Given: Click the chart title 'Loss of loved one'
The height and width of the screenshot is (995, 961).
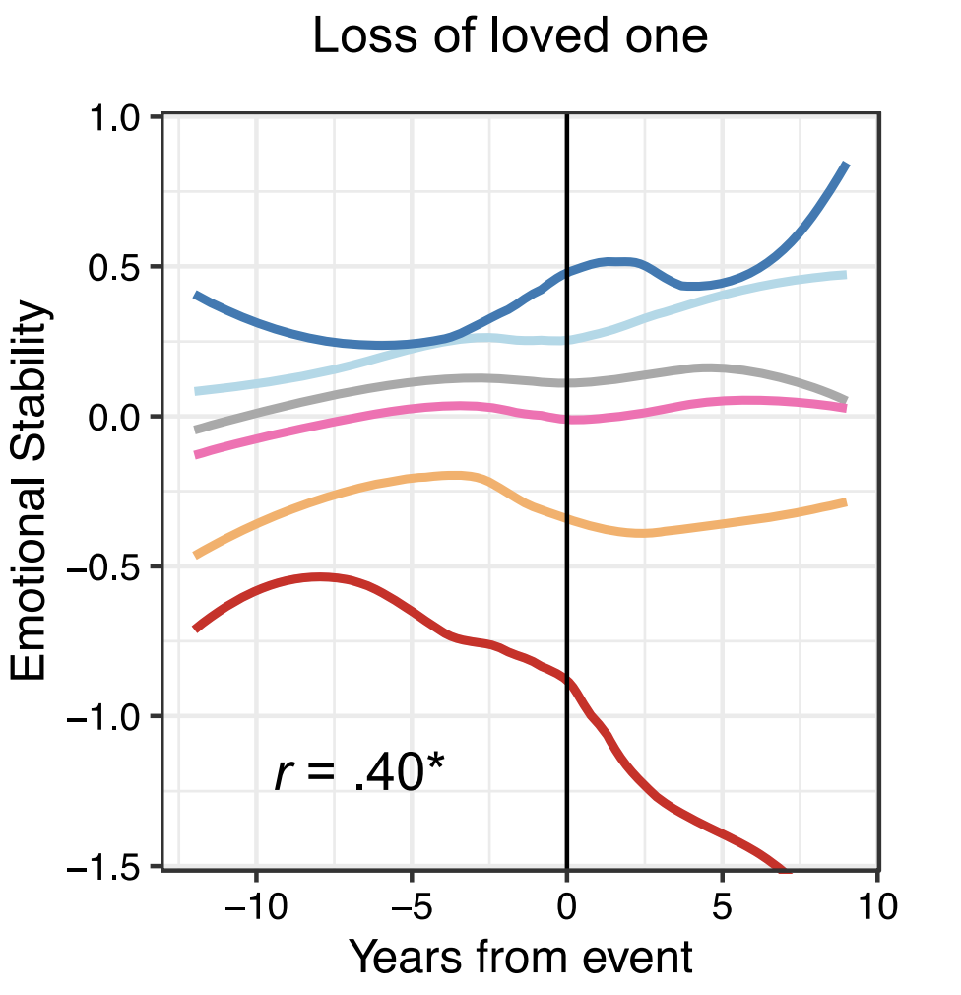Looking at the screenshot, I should tap(509, 37).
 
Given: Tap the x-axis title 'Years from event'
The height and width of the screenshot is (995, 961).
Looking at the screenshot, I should tap(521, 957).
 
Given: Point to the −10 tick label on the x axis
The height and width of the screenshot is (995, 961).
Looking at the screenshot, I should tap(256, 905).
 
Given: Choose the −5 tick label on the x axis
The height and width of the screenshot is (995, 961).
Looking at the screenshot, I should tap(412, 905).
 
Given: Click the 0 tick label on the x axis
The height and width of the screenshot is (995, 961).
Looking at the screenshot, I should tap(567, 905).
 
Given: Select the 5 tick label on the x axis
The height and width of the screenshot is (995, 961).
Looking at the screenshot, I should tap(723, 905).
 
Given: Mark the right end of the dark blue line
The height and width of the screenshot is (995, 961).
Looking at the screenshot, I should tap(846, 165).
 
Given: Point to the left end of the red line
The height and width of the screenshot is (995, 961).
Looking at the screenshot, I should tap(196, 628).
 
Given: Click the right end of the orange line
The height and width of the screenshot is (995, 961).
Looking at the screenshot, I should tap(845, 502).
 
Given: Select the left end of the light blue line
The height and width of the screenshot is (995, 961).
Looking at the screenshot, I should tap(196, 391).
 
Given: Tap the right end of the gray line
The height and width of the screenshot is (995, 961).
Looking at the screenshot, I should tap(845, 400).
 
